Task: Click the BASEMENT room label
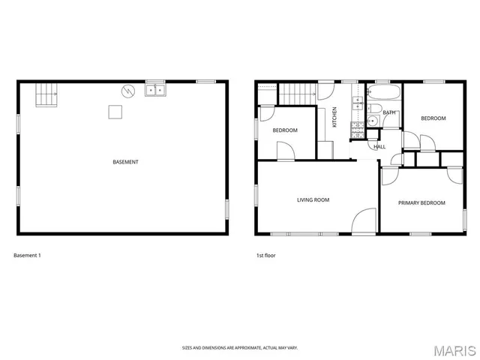click(x=125, y=162)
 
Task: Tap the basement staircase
click(x=46, y=94)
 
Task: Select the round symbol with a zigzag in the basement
click(x=128, y=91)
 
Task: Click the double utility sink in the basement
click(x=155, y=90)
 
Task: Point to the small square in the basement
click(x=115, y=112)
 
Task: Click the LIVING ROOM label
click(x=313, y=199)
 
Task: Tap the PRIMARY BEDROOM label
click(x=421, y=202)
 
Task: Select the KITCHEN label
click(x=334, y=117)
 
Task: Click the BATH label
click(x=388, y=112)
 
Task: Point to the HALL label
click(x=379, y=146)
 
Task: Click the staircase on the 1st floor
click(x=295, y=94)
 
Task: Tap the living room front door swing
click(x=364, y=222)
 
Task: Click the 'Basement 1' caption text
click(x=27, y=256)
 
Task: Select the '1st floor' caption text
click(x=265, y=256)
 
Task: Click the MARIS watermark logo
click(x=454, y=350)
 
